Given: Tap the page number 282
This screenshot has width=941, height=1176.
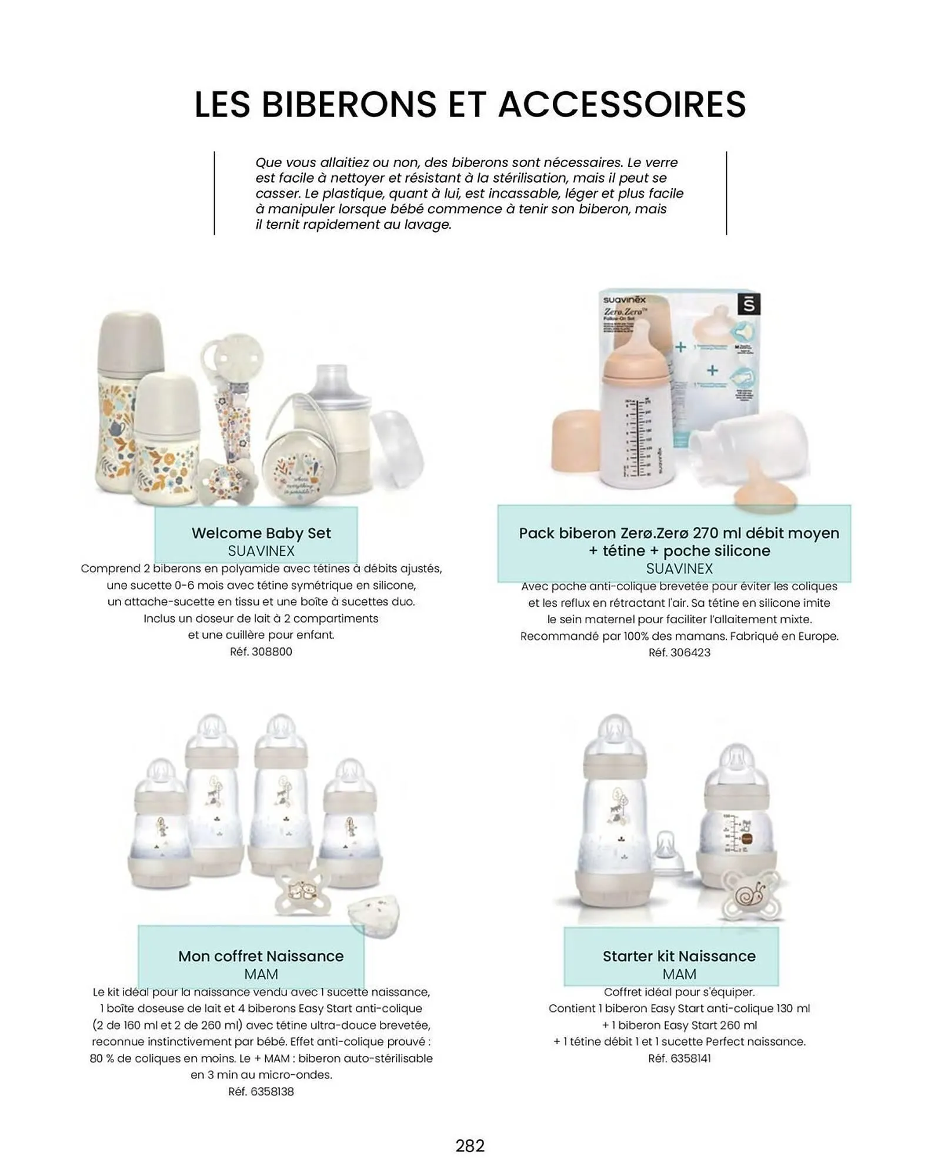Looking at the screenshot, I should [470, 1145].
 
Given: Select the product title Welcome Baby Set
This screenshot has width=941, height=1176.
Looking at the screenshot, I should [261, 533].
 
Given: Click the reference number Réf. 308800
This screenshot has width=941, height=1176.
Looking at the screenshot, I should [261, 652].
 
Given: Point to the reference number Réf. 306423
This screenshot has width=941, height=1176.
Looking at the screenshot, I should [679, 652].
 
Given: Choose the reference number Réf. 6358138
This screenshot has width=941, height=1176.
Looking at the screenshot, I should [261, 1091].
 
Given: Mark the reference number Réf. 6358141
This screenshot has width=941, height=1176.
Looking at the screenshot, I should [679, 1058].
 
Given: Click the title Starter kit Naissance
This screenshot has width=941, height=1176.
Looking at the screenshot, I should [679, 956].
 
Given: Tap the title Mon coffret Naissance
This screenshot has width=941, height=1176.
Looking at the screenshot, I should [261, 956].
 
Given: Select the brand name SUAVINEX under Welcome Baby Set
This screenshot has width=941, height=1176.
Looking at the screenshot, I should [261, 551].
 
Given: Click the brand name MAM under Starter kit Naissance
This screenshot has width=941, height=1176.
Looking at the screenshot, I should [679, 974].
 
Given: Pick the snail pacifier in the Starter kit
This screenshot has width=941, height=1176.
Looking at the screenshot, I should [750, 897].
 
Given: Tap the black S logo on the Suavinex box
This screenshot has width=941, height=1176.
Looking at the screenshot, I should [749, 305].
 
